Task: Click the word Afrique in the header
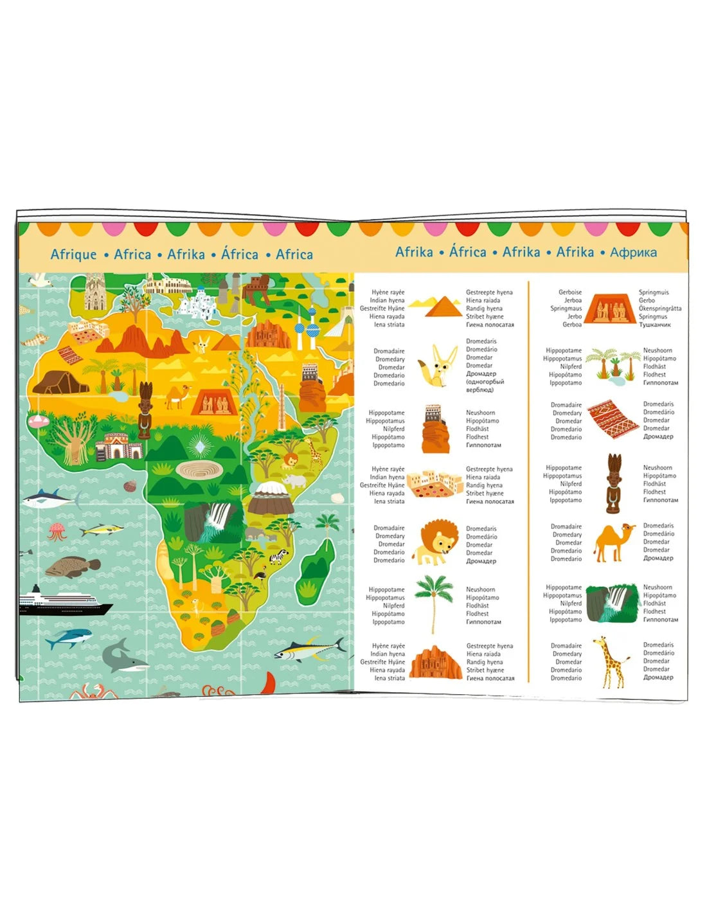pyautogui.click(x=73, y=255)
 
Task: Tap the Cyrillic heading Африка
pyautogui.click(x=633, y=253)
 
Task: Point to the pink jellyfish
pyautogui.click(x=57, y=531)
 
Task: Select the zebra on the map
pyautogui.click(x=278, y=557)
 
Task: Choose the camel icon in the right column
pyautogui.click(x=614, y=542)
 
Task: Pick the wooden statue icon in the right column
pyautogui.click(x=613, y=483)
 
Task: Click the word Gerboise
pyautogui.click(x=570, y=292)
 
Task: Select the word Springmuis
pyautogui.click(x=654, y=292)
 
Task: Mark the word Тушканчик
pyautogui.click(x=655, y=325)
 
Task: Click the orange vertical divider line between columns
pyautogui.click(x=528, y=482)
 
